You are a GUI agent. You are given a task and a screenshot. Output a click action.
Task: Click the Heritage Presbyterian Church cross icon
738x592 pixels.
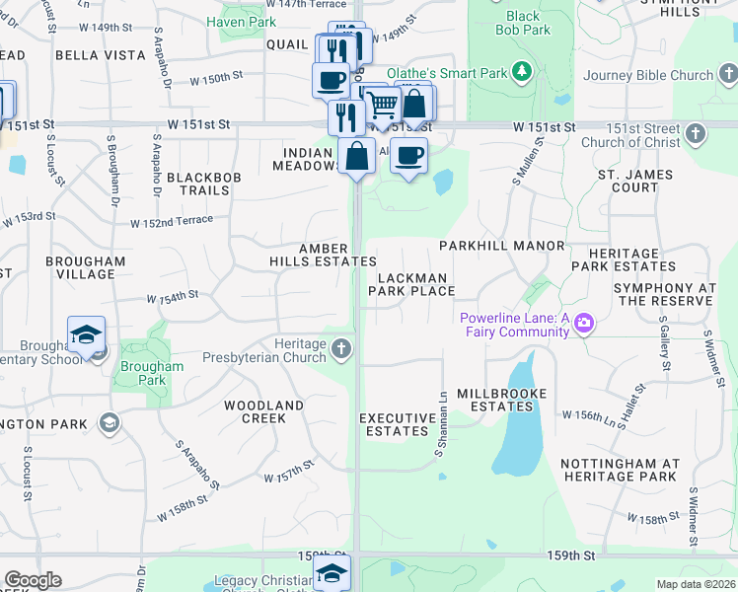point(341,349)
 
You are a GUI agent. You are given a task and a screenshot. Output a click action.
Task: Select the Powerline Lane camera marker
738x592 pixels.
point(584,324)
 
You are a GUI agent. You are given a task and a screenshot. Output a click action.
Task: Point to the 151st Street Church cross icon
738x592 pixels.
point(697,133)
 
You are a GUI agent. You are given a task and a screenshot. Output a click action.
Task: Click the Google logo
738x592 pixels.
point(33,580)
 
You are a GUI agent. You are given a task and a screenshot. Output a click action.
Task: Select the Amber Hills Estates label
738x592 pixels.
point(323,255)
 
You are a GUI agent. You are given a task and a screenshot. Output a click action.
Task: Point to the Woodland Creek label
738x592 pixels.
point(263,411)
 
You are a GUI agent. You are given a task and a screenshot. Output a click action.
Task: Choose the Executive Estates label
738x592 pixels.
point(398,424)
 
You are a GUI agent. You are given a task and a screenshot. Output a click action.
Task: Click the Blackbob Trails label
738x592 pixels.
point(198,183)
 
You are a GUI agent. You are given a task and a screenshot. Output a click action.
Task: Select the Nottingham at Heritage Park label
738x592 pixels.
point(619,470)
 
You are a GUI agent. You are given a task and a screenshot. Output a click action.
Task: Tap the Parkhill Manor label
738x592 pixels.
point(501,245)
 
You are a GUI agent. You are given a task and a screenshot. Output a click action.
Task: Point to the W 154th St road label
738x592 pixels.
point(173,296)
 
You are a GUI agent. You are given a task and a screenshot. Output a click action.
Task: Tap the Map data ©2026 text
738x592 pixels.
point(695,584)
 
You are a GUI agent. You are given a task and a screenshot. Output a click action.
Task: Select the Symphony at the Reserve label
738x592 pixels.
point(664,294)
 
